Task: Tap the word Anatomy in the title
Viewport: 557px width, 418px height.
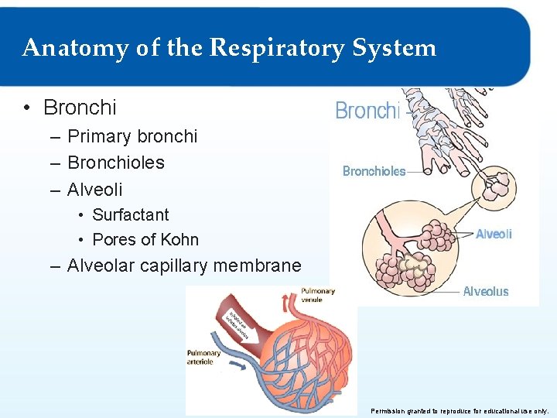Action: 63,48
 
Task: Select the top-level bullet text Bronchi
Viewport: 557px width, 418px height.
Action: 80,107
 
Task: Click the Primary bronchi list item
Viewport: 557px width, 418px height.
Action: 132,136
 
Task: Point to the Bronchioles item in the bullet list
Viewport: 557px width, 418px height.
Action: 116,163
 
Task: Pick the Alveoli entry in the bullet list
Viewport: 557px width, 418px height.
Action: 95,189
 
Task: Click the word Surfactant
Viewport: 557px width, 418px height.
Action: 130,214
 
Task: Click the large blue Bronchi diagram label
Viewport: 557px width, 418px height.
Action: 367,111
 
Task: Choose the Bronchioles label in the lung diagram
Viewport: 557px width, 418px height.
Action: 374,171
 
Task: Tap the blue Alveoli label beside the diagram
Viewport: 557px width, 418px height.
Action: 494,234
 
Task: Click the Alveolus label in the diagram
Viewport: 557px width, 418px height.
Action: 486,291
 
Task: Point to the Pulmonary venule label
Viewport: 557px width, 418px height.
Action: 318,295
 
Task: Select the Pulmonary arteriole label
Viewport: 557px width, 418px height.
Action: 203,357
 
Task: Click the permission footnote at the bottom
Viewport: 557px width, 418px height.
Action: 460,410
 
